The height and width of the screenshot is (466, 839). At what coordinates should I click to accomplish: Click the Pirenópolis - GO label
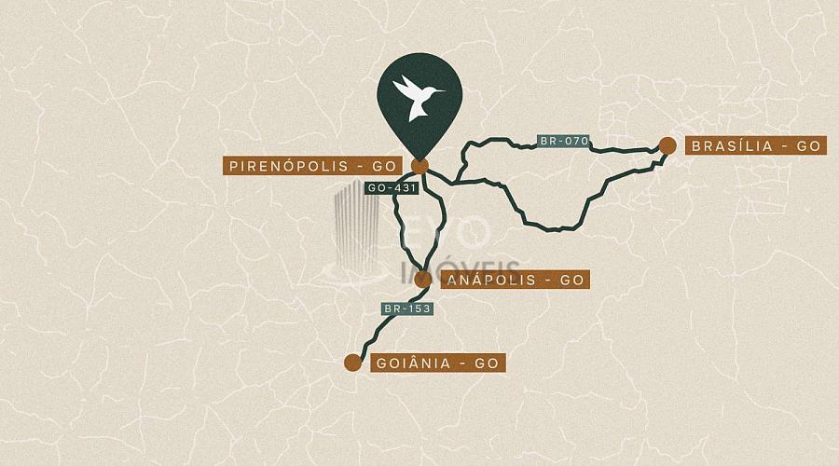pos(311,166)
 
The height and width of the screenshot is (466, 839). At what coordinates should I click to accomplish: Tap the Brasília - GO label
pos(755,145)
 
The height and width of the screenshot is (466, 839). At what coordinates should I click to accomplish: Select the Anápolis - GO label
pos(514,280)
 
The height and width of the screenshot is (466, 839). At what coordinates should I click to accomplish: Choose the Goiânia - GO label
pos(438,363)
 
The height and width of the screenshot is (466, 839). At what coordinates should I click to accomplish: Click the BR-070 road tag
pos(564,142)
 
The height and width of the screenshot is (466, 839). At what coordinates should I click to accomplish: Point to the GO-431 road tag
pos(391,187)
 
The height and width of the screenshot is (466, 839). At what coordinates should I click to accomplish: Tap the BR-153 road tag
pos(407,308)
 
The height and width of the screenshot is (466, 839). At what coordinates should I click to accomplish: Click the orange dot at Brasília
pos(667,144)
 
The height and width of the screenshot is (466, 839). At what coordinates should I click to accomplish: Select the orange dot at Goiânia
pos(352,363)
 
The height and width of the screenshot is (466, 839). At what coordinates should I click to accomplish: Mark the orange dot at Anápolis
pos(423,278)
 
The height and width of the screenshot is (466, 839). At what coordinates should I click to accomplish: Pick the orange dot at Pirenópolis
pos(419,166)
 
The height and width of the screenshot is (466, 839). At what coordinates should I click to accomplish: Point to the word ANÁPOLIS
pos(492,280)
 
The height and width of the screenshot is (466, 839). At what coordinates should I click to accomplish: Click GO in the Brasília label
pos(807,145)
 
